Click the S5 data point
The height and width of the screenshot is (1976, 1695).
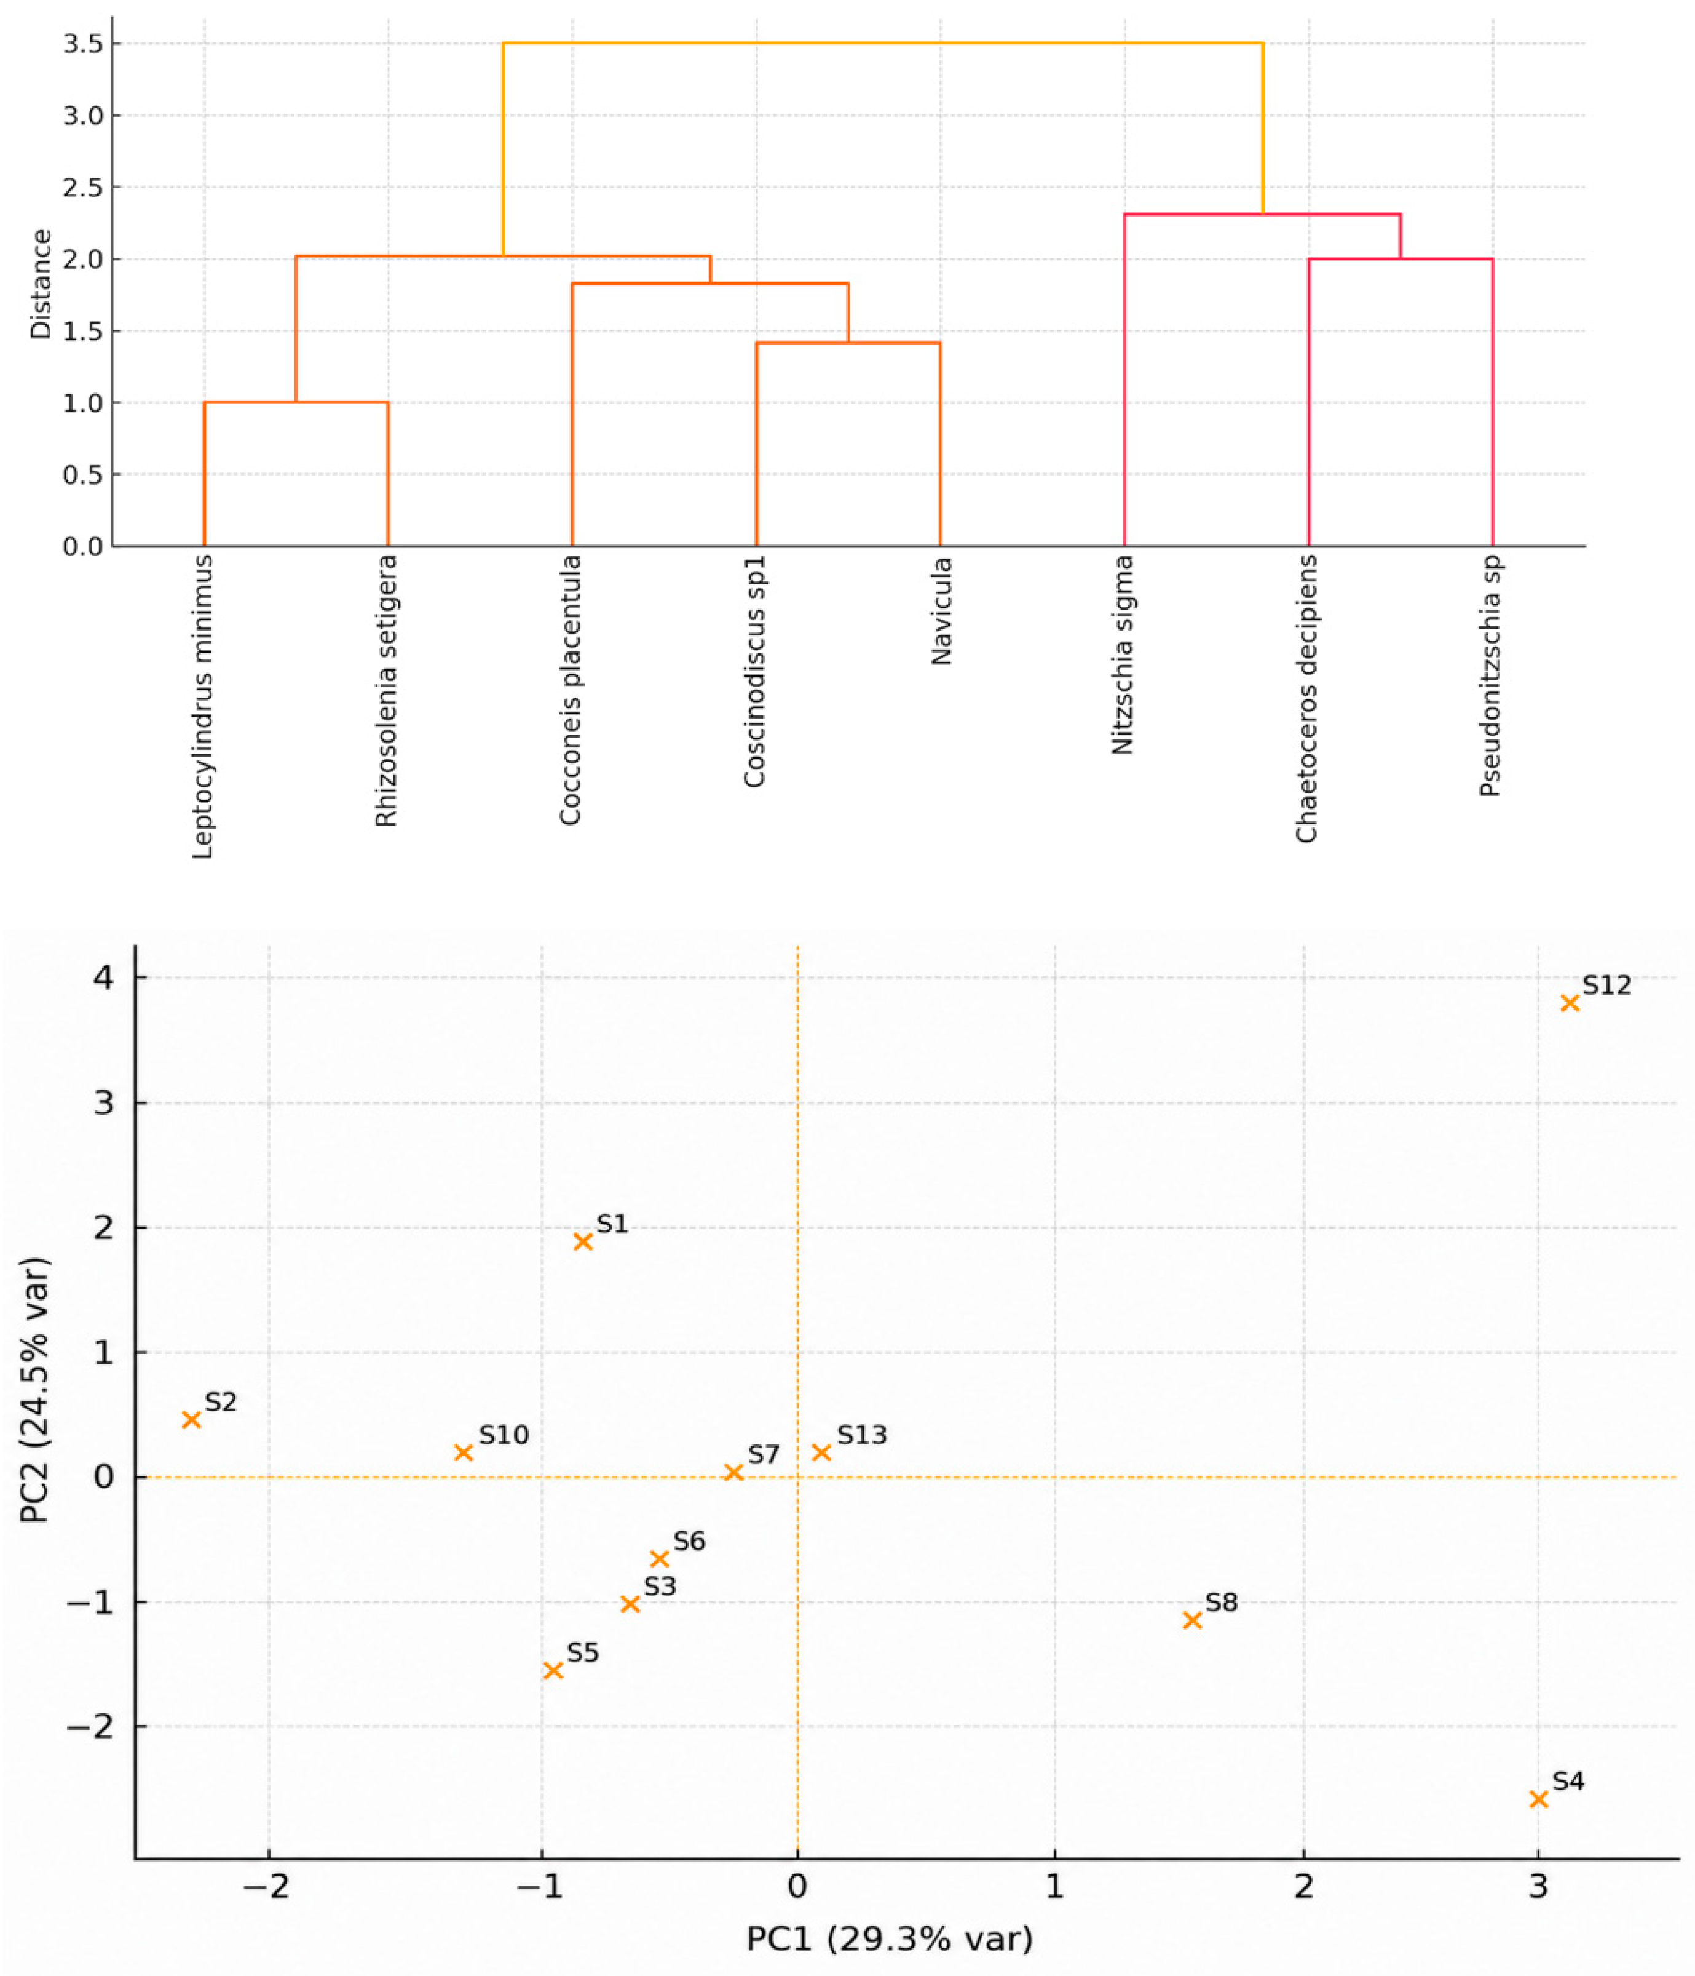click(553, 1670)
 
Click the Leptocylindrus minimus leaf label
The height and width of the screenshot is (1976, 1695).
click(202, 707)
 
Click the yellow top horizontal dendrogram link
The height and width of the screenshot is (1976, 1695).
click(883, 43)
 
